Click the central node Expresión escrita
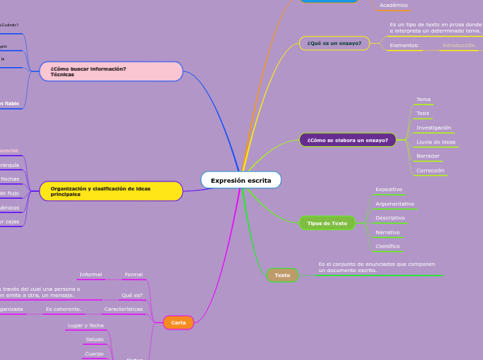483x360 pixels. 241,180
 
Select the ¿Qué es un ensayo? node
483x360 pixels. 334,44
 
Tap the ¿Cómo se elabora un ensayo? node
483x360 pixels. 347,140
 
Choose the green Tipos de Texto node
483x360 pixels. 327,223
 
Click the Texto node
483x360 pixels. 282,275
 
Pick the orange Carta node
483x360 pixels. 178,323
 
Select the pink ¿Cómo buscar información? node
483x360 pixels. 111,71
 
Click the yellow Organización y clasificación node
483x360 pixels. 111,191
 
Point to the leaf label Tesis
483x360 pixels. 423,113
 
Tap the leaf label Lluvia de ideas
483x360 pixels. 436,142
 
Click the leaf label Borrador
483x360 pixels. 428,156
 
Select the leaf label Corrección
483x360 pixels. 430,170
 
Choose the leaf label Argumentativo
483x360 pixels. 395,204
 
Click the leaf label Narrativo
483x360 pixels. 388,232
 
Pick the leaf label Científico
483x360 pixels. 387,246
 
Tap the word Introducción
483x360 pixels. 459,45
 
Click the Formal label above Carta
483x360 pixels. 133,275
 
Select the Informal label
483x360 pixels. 91,275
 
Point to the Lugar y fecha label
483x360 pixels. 86,325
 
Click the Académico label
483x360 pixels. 394,6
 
